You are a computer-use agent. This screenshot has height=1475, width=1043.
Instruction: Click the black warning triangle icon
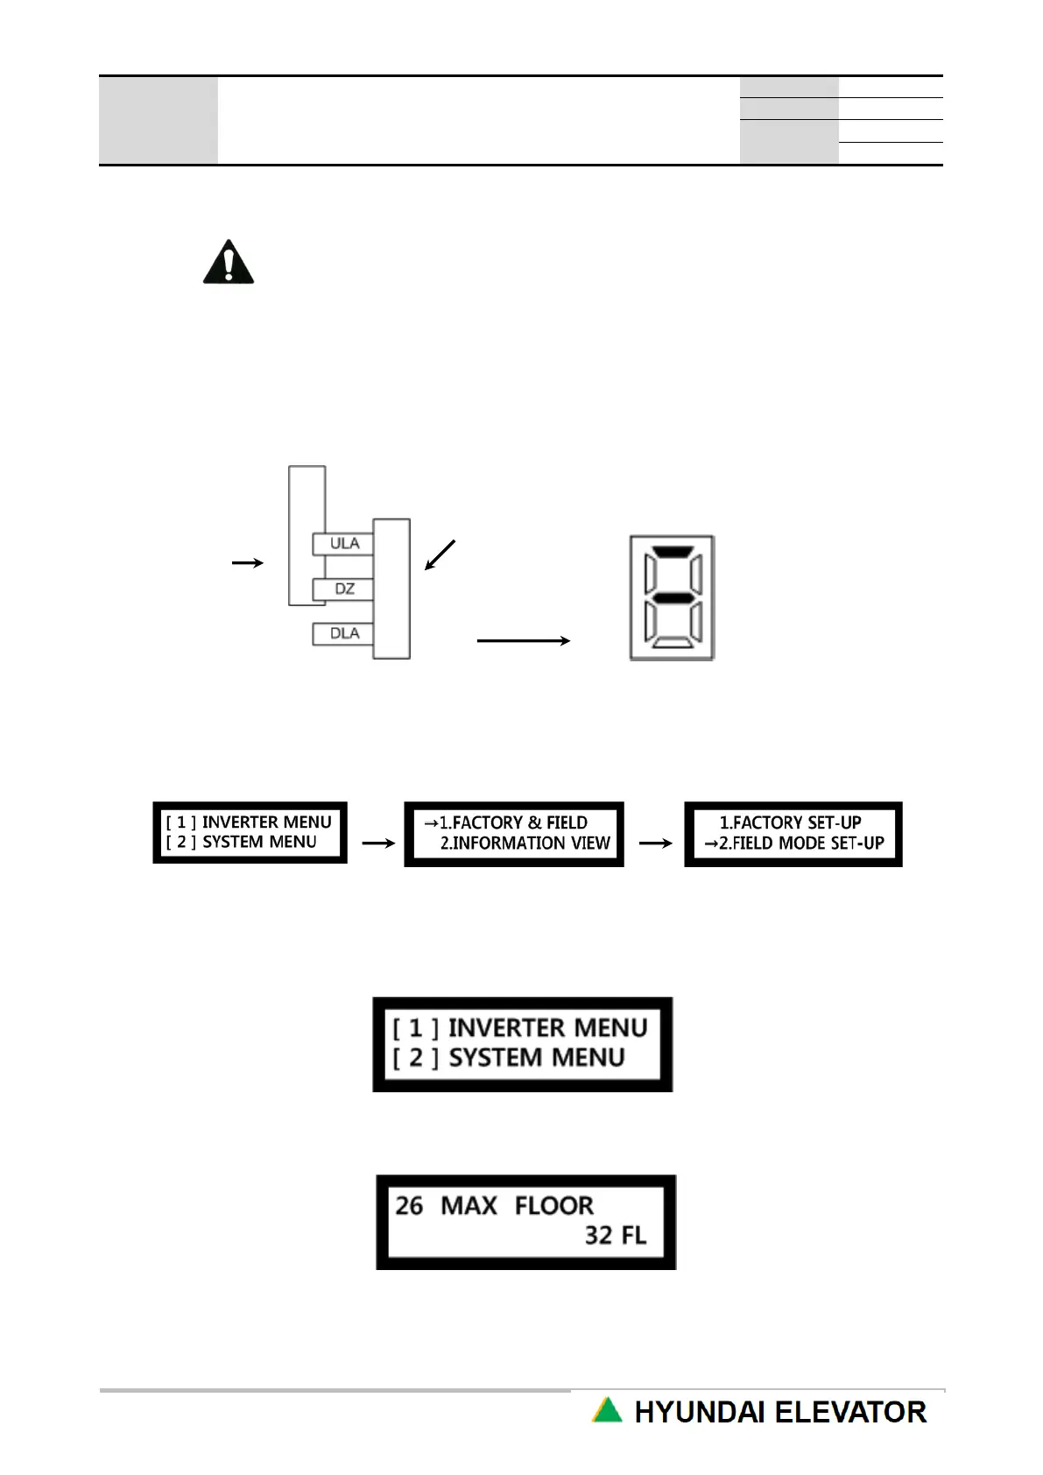[x=229, y=262]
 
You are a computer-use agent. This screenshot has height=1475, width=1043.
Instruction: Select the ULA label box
[x=343, y=543]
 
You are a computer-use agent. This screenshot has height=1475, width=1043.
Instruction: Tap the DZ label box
[x=343, y=589]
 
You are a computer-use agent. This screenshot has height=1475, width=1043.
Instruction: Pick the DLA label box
[x=343, y=633]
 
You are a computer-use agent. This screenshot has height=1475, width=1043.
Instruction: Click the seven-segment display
[x=672, y=598]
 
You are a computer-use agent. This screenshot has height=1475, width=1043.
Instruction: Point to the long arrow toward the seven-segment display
[x=523, y=640]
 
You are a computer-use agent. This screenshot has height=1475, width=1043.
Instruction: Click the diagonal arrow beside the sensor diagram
[x=440, y=555]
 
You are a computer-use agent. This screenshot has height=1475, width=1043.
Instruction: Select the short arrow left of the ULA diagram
[x=247, y=562]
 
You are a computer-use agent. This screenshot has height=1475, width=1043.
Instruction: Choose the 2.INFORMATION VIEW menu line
[x=525, y=843]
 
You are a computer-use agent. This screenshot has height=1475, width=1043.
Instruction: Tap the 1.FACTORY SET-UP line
[x=790, y=822]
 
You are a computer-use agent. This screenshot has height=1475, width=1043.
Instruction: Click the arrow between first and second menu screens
[x=377, y=843]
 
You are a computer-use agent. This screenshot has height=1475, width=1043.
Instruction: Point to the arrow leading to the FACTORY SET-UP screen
[x=655, y=843]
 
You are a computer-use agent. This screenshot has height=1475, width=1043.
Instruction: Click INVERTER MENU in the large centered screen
[x=547, y=1027]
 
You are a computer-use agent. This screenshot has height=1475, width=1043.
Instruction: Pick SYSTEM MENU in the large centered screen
[x=536, y=1058]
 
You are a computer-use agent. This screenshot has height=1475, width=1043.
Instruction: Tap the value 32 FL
[x=616, y=1235]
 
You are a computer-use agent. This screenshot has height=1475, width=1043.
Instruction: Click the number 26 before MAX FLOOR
[x=409, y=1206]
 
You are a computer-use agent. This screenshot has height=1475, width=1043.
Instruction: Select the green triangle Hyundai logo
[x=607, y=1410]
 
